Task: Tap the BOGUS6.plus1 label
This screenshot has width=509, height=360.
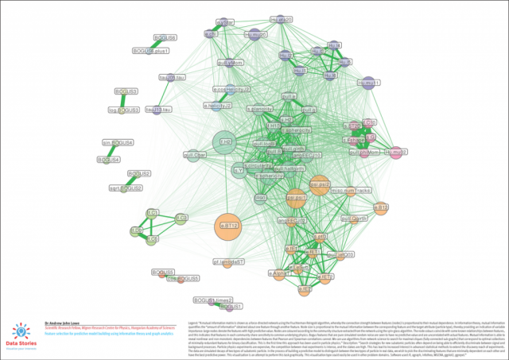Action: point(151,51)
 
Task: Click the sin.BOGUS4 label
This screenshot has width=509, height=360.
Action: point(118,142)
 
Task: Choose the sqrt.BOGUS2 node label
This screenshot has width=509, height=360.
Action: point(125,188)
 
